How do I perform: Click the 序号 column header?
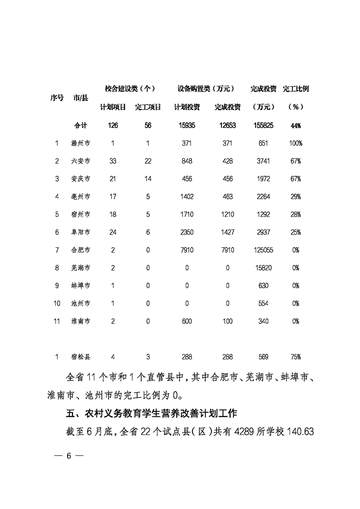point(57,98)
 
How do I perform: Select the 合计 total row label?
point(80,126)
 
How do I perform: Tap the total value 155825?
point(263,126)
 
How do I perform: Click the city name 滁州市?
point(81,143)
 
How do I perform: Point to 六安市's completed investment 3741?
point(263,161)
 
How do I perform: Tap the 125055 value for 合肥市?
point(263,250)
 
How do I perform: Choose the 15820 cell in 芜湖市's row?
point(263,268)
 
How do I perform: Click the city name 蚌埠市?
point(81,285)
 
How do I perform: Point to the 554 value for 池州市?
point(263,303)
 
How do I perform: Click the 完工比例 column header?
point(296,89)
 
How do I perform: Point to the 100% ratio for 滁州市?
point(296,143)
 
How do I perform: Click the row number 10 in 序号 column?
point(57,303)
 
